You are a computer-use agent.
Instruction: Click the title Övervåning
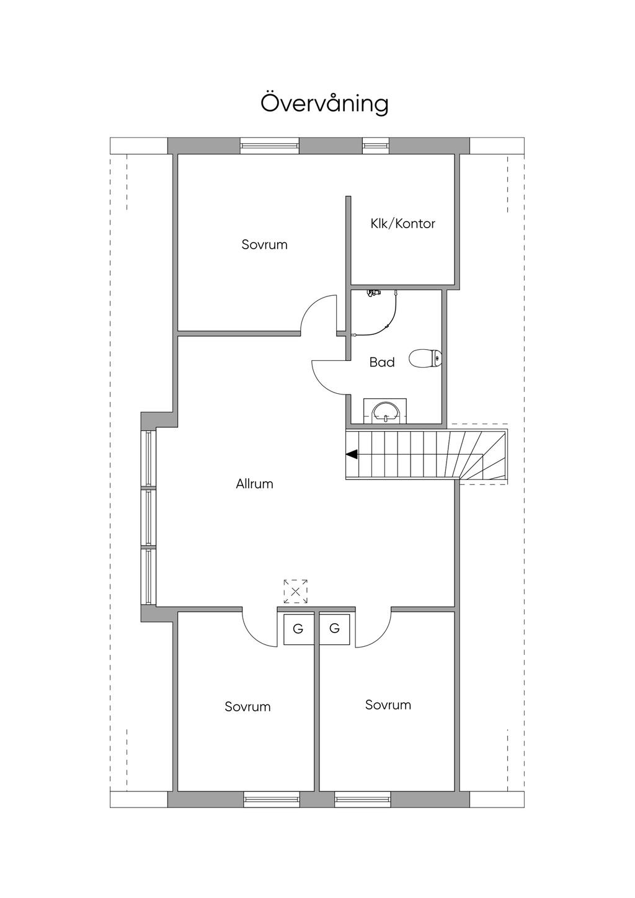[x=324, y=103]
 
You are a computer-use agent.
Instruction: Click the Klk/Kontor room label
[x=402, y=224]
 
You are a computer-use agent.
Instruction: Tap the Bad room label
[x=381, y=362]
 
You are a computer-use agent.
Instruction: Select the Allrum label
[x=254, y=484]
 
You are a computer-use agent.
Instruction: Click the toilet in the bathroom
[x=425, y=358]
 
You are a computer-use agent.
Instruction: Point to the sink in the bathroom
[x=385, y=411]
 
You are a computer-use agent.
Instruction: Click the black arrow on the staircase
[x=352, y=454]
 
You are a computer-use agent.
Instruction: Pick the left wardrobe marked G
[x=298, y=629]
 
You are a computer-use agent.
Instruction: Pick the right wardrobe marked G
[x=335, y=628]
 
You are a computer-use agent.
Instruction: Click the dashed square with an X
[x=296, y=592]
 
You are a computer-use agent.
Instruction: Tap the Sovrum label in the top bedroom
[x=264, y=244]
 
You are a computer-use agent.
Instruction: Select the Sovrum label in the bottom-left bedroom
[x=247, y=706]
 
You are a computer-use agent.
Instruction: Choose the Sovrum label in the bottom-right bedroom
[x=388, y=705]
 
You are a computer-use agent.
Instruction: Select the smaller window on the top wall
[x=376, y=146]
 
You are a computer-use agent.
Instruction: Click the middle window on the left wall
[x=149, y=518]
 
